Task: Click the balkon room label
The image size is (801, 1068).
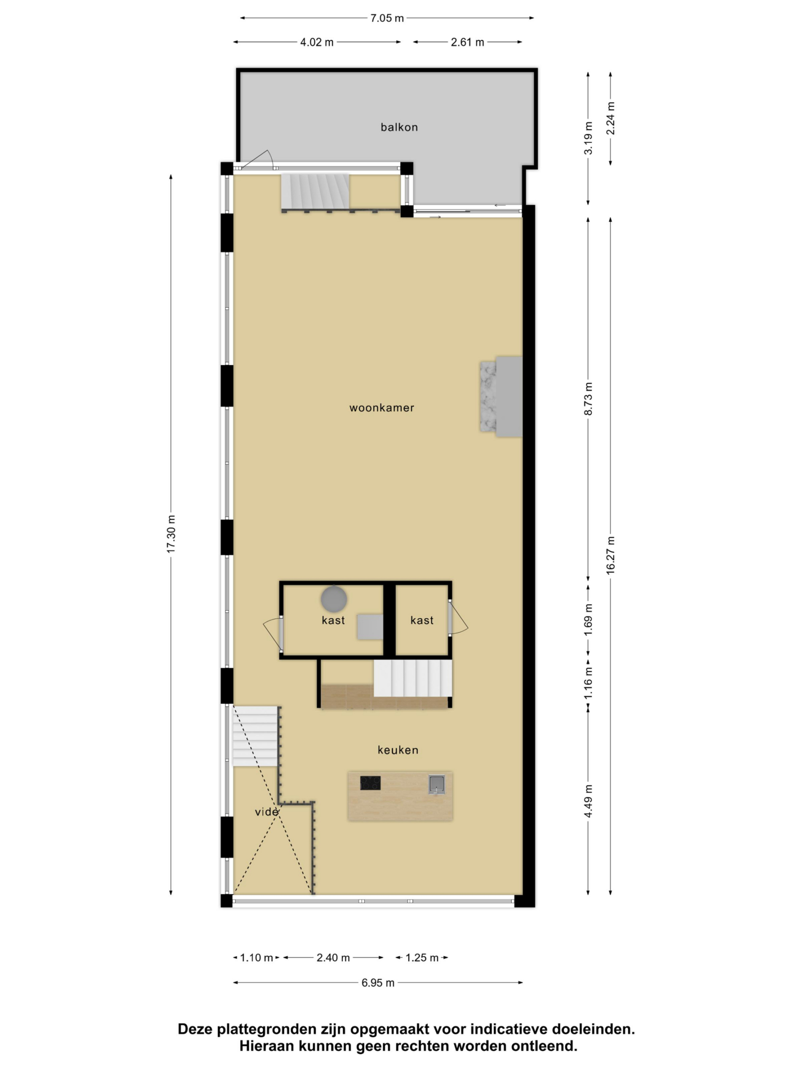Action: click(x=399, y=127)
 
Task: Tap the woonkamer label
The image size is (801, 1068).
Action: click(x=381, y=408)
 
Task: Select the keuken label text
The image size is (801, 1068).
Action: click(x=398, y=750)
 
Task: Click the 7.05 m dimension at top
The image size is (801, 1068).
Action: click(x=387, y=18)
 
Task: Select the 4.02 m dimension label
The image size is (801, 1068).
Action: click(x=317, y=42)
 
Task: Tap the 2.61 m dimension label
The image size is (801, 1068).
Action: click(x=467, y=42)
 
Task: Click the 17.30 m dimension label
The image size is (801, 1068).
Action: click(x=171, y=534)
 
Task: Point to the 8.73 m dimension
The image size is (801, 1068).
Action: click(x=588, y=399)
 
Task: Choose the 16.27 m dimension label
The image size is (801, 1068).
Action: click(x=610, y=555)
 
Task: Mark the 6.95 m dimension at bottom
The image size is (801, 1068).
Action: click(x=378, y=982)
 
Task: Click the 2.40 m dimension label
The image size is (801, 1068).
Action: click(x=333, y=957)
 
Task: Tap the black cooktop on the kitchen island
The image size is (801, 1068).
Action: click(x=370, y=783)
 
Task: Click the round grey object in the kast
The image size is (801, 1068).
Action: click(x=334, y=599)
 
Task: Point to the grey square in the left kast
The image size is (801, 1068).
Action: click(x=370, y=627)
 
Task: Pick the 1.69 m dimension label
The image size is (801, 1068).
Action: click(x=588, y=620)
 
